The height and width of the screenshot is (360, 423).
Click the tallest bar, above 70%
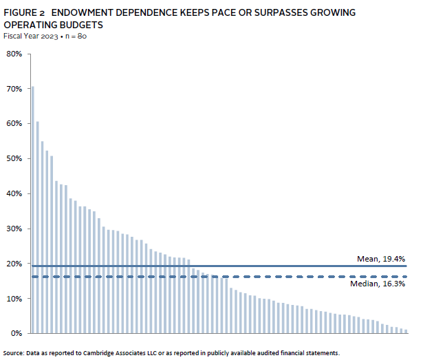[32, 207]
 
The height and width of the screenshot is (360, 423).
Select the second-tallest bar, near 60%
[37, 227]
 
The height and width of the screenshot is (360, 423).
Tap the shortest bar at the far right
[406, 331]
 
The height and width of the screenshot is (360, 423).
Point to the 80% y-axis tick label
[14, 54]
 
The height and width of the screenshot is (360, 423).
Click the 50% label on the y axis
[14, 158]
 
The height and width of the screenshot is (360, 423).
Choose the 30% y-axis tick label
[14, 229]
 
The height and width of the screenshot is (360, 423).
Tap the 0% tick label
[17, 333]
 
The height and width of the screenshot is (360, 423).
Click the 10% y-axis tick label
[14, 299]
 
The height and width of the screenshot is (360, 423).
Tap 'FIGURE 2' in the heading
[24, 12]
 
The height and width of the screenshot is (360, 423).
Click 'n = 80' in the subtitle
[75, 36]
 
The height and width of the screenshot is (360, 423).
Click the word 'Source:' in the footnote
[14, 352]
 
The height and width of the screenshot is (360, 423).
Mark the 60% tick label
[14, 124]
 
